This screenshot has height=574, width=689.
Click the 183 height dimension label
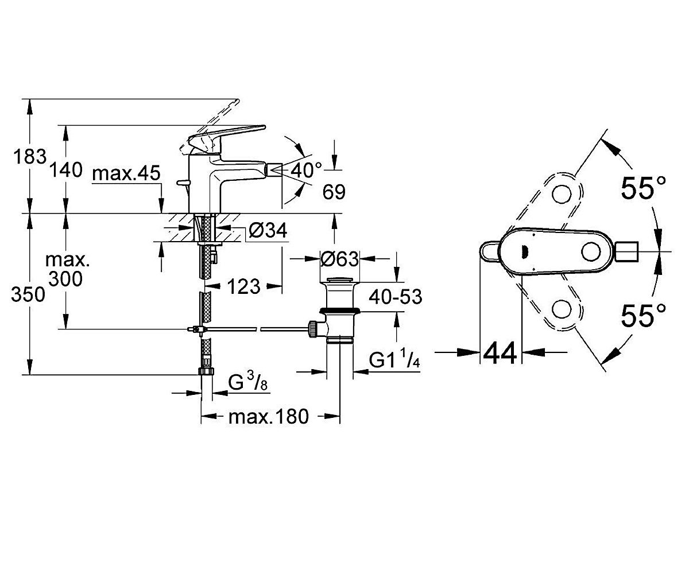[30, 156]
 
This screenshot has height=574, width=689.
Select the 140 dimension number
[66, 170]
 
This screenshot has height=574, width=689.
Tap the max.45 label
[126, 173]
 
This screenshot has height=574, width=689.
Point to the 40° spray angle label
[306, 170]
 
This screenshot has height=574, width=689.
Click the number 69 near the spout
[334, 192]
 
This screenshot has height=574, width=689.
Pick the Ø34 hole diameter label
[268, 230]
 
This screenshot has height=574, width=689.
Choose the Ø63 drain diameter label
[339, 259]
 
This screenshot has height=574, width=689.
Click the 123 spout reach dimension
[244, 286]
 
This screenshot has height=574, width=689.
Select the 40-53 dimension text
[396, 297]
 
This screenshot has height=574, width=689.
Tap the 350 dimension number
[28, 294]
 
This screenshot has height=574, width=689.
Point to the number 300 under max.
[65, 279]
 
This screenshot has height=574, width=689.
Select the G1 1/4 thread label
[394, 359]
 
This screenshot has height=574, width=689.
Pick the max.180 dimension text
[269, 417]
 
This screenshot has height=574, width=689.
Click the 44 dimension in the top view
[500, 353]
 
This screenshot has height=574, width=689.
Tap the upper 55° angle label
[644, 187]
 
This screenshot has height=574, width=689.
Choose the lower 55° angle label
[644, 315]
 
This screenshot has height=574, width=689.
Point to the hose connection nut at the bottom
[206, 371]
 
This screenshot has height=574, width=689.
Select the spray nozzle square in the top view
[627, 252]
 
